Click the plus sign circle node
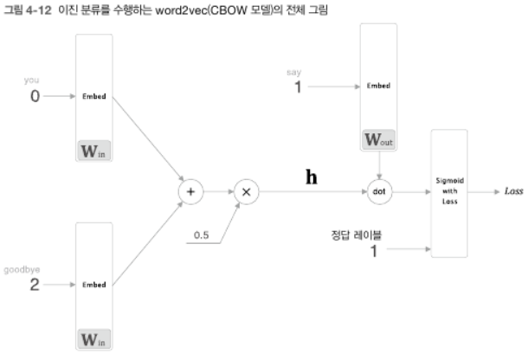pyautogui.click(x=190, y=191)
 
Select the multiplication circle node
pyautogui.click(x=246, y=191)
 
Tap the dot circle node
pyautogui.click(x=380, y=191)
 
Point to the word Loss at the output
pyautogui.click(x=513, y=191)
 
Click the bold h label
pyautogui.click(x=312, y=177)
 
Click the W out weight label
pyautogui.click(x=379, y=138)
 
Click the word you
pyautogui.click(x=32, y=80)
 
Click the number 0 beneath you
pyautogui.click(x=35, y=96)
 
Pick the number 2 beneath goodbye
pyautogui.click(x=35, y=284)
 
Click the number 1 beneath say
pyautogui.click(x=298, y=87)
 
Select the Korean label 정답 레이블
pyautogui.click(x=356, y=234)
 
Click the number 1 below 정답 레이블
pyautogui.click(x=375, y=250)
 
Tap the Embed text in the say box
pyautogui.click(x=379, y=87)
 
